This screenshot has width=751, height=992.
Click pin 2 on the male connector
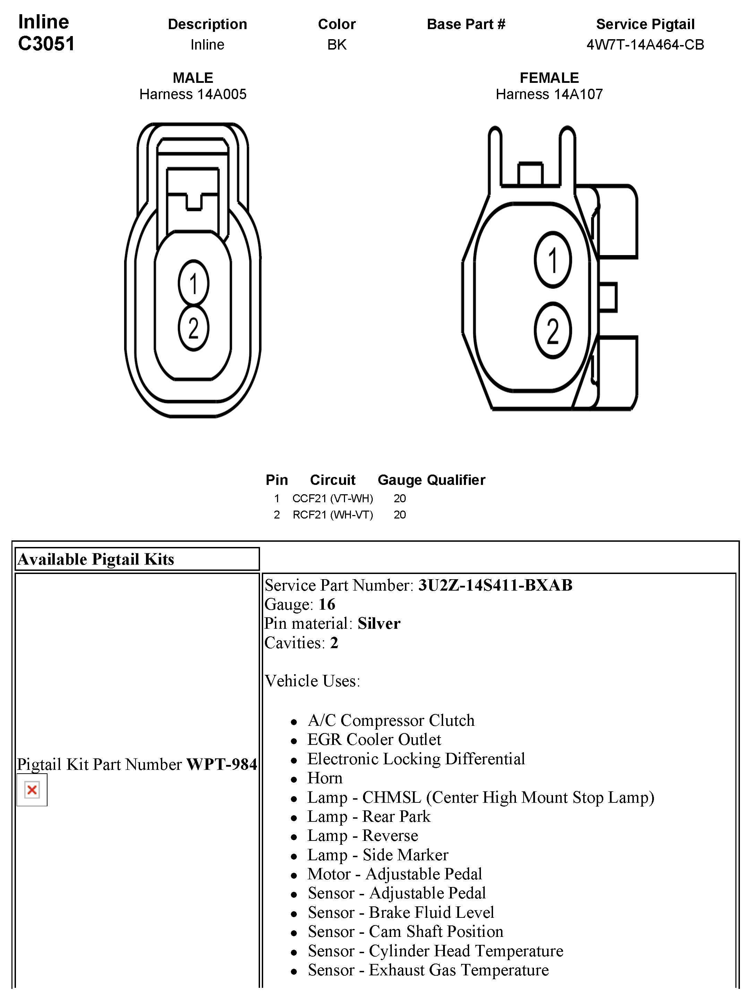coord(193,328)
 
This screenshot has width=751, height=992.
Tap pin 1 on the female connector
coord(553,260)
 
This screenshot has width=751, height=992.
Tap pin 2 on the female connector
coord(553,331)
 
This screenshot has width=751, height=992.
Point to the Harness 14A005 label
coord(193,94)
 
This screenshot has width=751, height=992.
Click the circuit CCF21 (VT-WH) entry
coord(333,498)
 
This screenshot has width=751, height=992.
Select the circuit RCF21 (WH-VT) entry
coord(333,514)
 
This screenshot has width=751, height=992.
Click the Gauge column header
coord(400,480)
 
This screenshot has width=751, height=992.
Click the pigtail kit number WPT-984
coord(222,764)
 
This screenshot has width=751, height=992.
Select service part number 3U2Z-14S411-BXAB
coord(495,585)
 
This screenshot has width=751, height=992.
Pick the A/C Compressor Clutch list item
coord(391,720)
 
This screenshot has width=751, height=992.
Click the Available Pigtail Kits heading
coord(96,559)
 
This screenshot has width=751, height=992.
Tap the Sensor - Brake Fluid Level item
coord(400,913)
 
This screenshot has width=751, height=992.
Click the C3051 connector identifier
coord(46,44)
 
